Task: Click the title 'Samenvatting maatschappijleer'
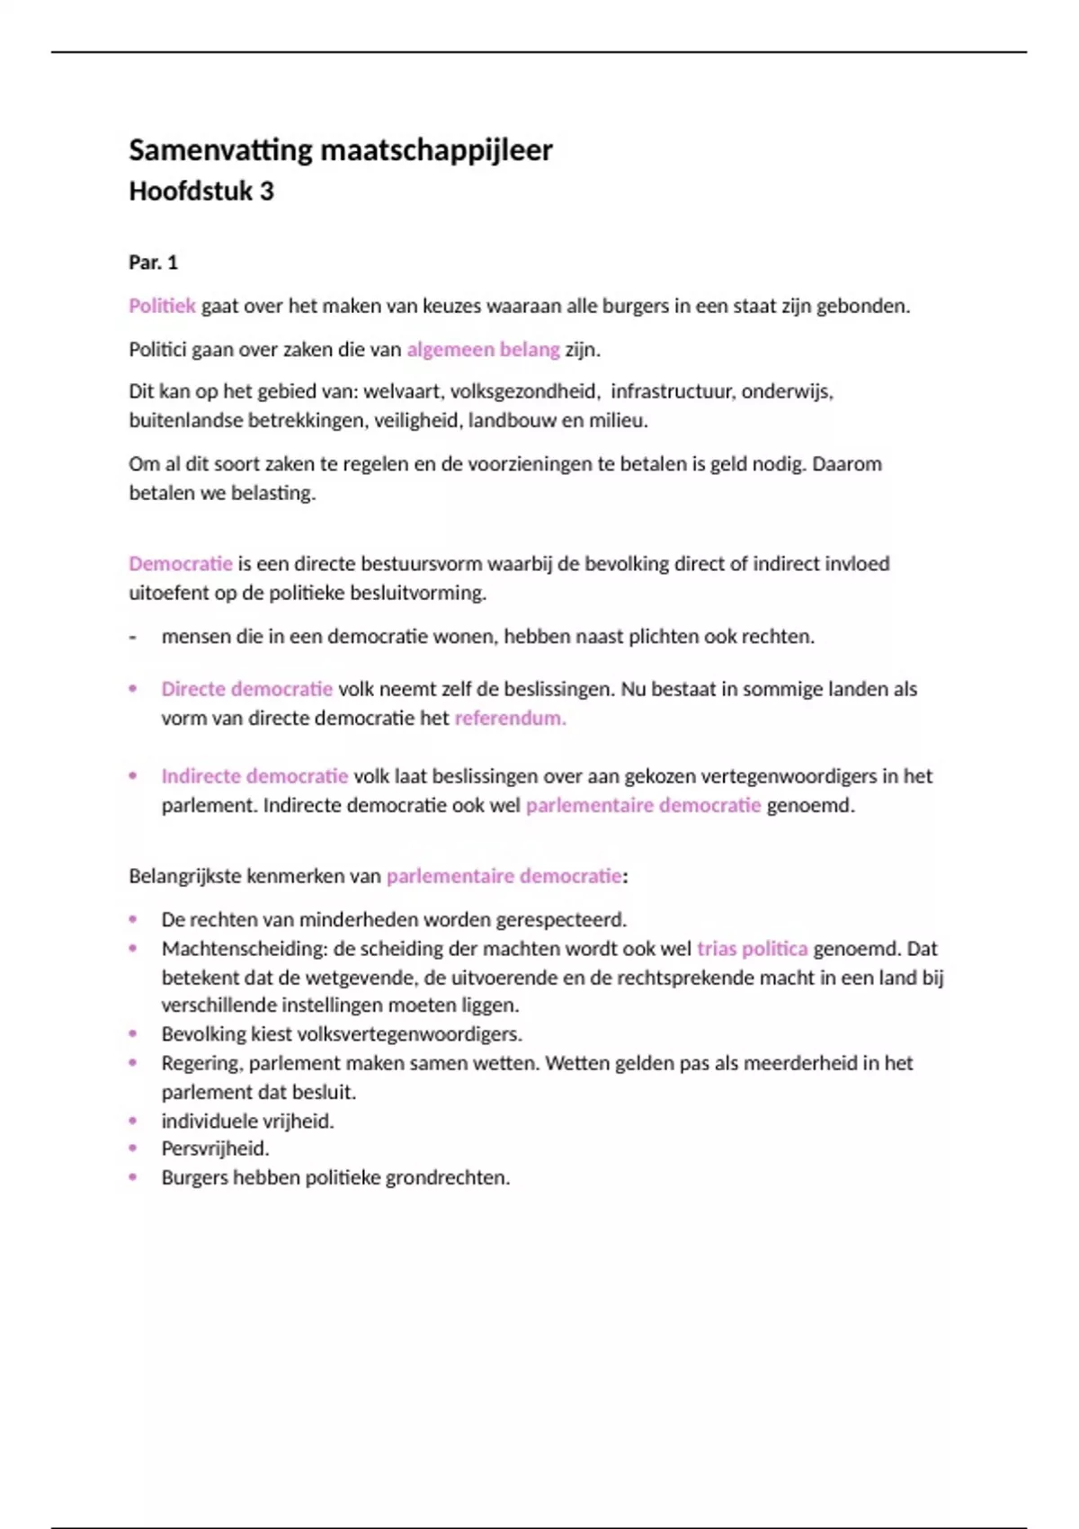point(340,150)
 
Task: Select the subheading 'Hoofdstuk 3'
point(201,192)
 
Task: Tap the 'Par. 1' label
point(153,263)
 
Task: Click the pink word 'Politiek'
point(162,306)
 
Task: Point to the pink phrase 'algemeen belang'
point(483,349)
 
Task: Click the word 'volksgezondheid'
point(524,391)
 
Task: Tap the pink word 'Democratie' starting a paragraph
point(180,564)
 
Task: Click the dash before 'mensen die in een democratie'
point(133,637)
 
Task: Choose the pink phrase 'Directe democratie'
point(246,689)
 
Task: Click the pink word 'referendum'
point(509,718)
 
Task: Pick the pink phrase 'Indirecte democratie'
point(254,776)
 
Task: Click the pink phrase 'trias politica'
point(752,949)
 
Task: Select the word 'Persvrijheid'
point(214,1149)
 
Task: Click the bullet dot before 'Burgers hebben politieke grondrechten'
point(133,1177)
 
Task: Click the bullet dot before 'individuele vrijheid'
point(133,1121)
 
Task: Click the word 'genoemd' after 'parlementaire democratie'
point(808,805)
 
